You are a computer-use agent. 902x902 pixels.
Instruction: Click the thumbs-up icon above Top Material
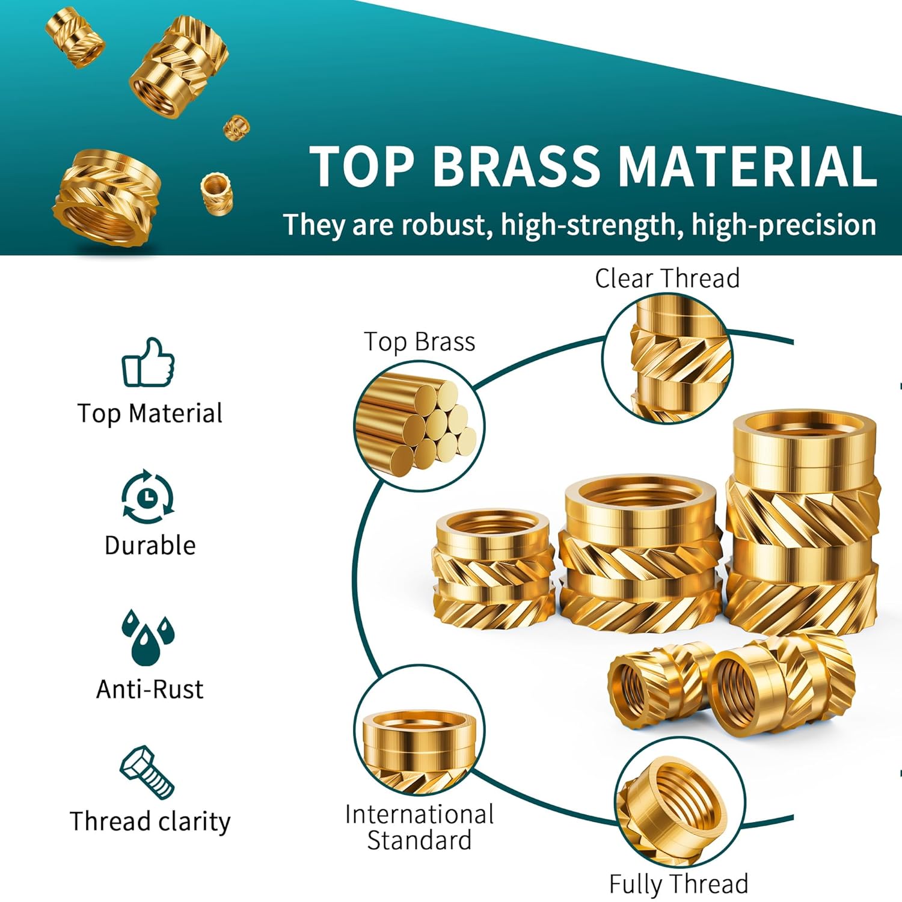pyautogui.click(x=148, y=362)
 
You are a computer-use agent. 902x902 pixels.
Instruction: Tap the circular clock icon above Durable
pyautogui.click(x=148, y=498)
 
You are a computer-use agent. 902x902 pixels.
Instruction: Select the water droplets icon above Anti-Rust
pyautogui.click(x=147, y=637)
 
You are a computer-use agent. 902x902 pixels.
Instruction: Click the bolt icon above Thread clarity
pyautogui.click(x=147, y=772)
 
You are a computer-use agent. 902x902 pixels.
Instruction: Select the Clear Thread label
pyautogui.click(x=667, y=278)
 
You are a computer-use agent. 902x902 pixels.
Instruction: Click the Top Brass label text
pyautogui.click(x=419, y=342)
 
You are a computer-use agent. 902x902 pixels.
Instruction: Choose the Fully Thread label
pyautogui.click(x=678, y=884)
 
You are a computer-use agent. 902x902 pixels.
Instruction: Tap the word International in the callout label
pyautogui.click(x=419, y=815)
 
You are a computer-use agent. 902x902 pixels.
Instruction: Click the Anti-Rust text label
pyautogui.click(x=150, y=689)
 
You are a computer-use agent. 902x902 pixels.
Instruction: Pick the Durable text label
pyautogui.click(x=150, y=545)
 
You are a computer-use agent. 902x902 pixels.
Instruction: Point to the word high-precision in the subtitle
pyautogui.click(x=783, y=225)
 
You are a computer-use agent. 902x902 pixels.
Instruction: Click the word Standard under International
pyautogui.click(x=419, y=841)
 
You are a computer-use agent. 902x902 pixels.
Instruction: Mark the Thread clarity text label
pyautogui.click(x=150, y=821)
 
